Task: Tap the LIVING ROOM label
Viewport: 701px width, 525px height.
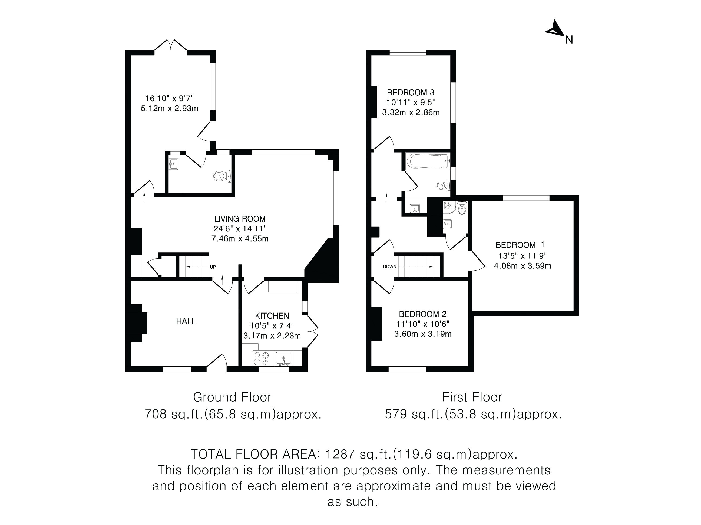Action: click(x=240, y=219)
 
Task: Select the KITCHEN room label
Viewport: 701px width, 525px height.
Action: click(x=272, y=316)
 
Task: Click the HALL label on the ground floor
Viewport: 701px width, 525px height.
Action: click(x=186, y=322)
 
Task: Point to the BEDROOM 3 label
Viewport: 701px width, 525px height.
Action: click(x=411, y=92)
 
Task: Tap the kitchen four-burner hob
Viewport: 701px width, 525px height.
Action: click(x=262, y=359)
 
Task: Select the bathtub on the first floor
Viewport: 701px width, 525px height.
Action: click(x=428, y=161)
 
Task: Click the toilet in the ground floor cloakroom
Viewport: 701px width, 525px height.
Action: click(x=223, y=176)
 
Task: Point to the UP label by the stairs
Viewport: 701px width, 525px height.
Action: click(x=213, y=267)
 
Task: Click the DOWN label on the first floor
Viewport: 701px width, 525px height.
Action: click(x=389, y=267)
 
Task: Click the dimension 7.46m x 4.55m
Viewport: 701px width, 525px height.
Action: click(x=240, y=239)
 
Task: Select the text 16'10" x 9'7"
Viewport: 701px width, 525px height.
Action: click(x=169, y=98)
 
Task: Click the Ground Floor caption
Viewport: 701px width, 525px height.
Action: click(x=232, y=397)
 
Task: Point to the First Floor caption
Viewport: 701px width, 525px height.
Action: click(x=472, y=397)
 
